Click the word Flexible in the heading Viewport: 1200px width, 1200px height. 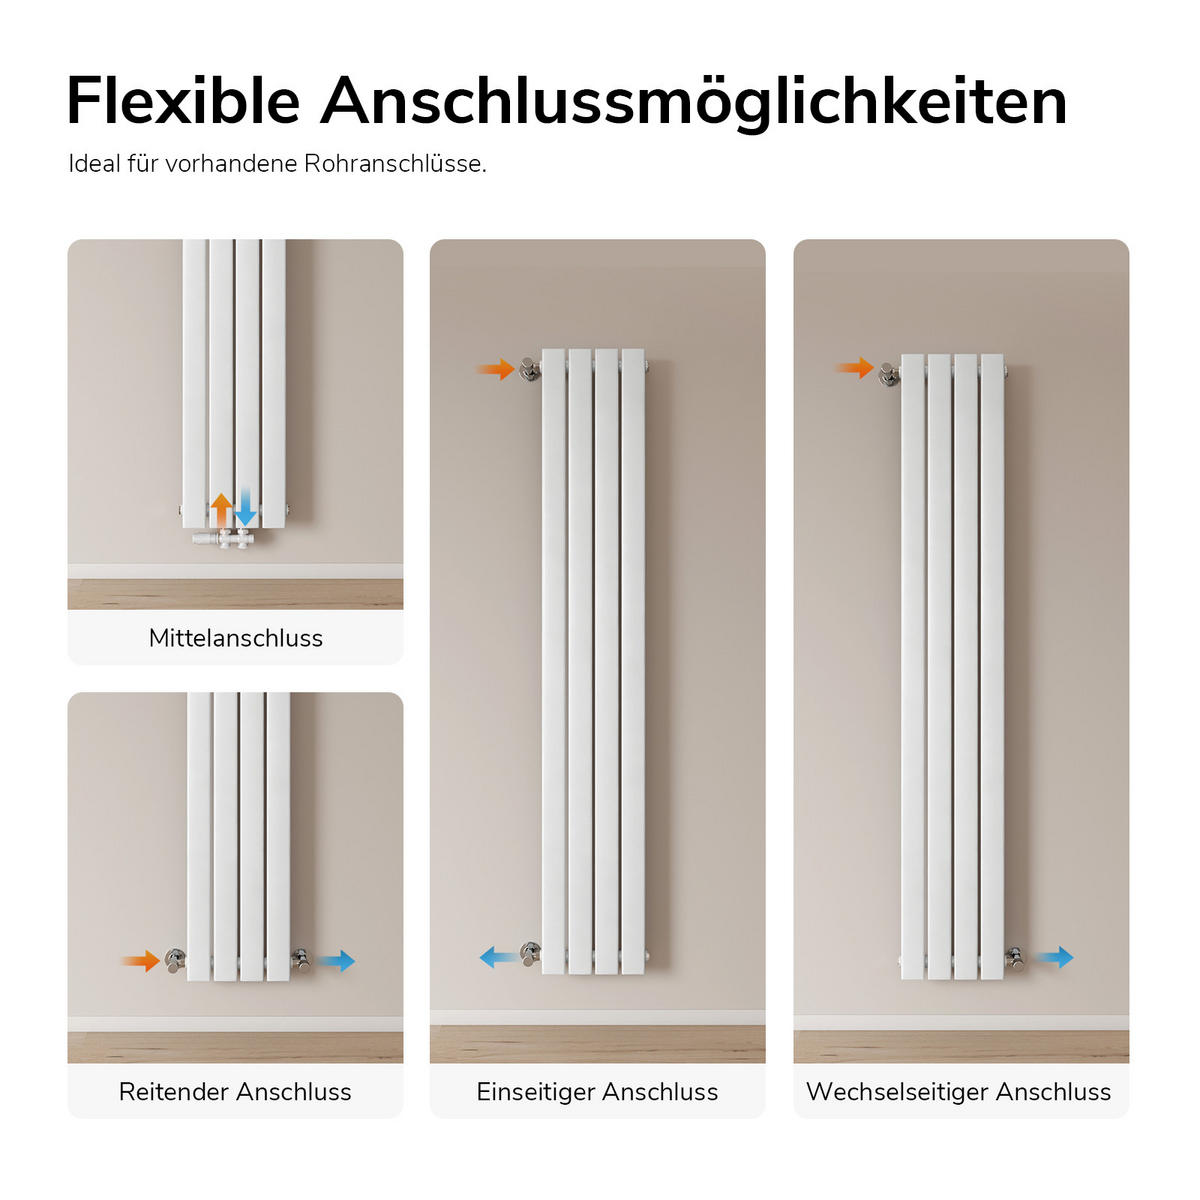click(184, 101)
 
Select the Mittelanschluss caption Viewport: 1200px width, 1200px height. click(235, 638)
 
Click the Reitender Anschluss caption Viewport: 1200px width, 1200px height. click(235, 1092)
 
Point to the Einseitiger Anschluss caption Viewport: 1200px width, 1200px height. click(597, 1092)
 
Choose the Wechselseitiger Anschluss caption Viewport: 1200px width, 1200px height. click(959, 1092)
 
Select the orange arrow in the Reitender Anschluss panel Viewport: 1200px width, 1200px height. click(141, 961)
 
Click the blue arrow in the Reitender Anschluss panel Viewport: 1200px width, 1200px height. click(336, 961)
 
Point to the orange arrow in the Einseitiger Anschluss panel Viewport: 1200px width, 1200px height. click(496, 369)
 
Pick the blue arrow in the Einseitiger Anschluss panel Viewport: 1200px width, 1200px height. click(499, 957)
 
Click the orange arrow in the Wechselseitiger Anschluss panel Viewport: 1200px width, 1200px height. click(854, 367)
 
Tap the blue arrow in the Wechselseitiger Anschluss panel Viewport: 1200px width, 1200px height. click(1054, 957)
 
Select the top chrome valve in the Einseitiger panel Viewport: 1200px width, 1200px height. click(529, 369)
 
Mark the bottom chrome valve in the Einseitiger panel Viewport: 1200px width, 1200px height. click(531, 955)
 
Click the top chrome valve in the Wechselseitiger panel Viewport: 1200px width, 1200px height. click(889, 376)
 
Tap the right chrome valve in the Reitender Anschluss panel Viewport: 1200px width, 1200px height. click(301, 961)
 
